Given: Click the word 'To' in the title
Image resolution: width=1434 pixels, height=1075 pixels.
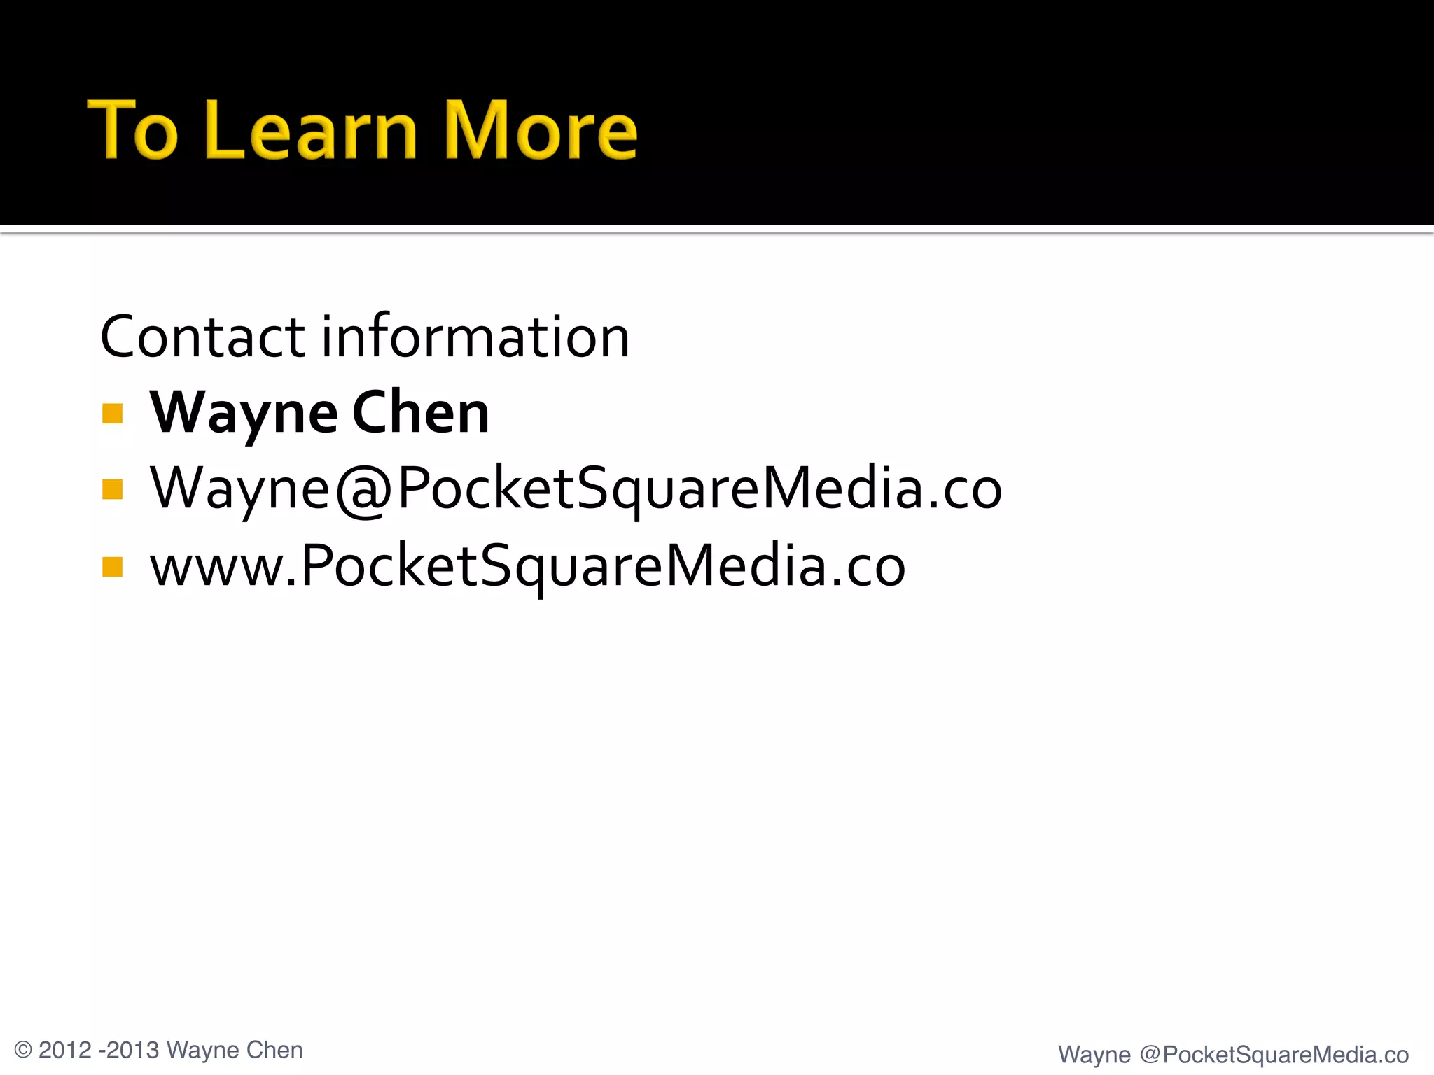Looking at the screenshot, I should point(132,130).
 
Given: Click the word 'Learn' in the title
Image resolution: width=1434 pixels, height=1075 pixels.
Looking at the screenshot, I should point(312,130).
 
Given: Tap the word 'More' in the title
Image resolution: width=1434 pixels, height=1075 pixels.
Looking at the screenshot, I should point(540,130).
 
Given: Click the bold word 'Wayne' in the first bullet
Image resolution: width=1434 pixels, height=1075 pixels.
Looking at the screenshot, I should point(244,414).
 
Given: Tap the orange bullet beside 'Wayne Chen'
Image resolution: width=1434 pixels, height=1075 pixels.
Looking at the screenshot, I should point(112,414).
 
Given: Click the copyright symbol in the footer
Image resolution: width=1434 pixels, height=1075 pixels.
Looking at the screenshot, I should point(23,1051).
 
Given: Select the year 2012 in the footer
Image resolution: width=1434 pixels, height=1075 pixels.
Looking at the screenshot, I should point(65,1051).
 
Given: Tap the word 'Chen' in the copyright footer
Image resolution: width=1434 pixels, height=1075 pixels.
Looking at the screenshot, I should point(274,1051).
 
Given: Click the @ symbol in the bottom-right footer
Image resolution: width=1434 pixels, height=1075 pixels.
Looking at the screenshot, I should point(1150,1055).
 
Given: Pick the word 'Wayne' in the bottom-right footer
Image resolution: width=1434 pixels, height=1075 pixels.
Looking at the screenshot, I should point(1094,1055).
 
